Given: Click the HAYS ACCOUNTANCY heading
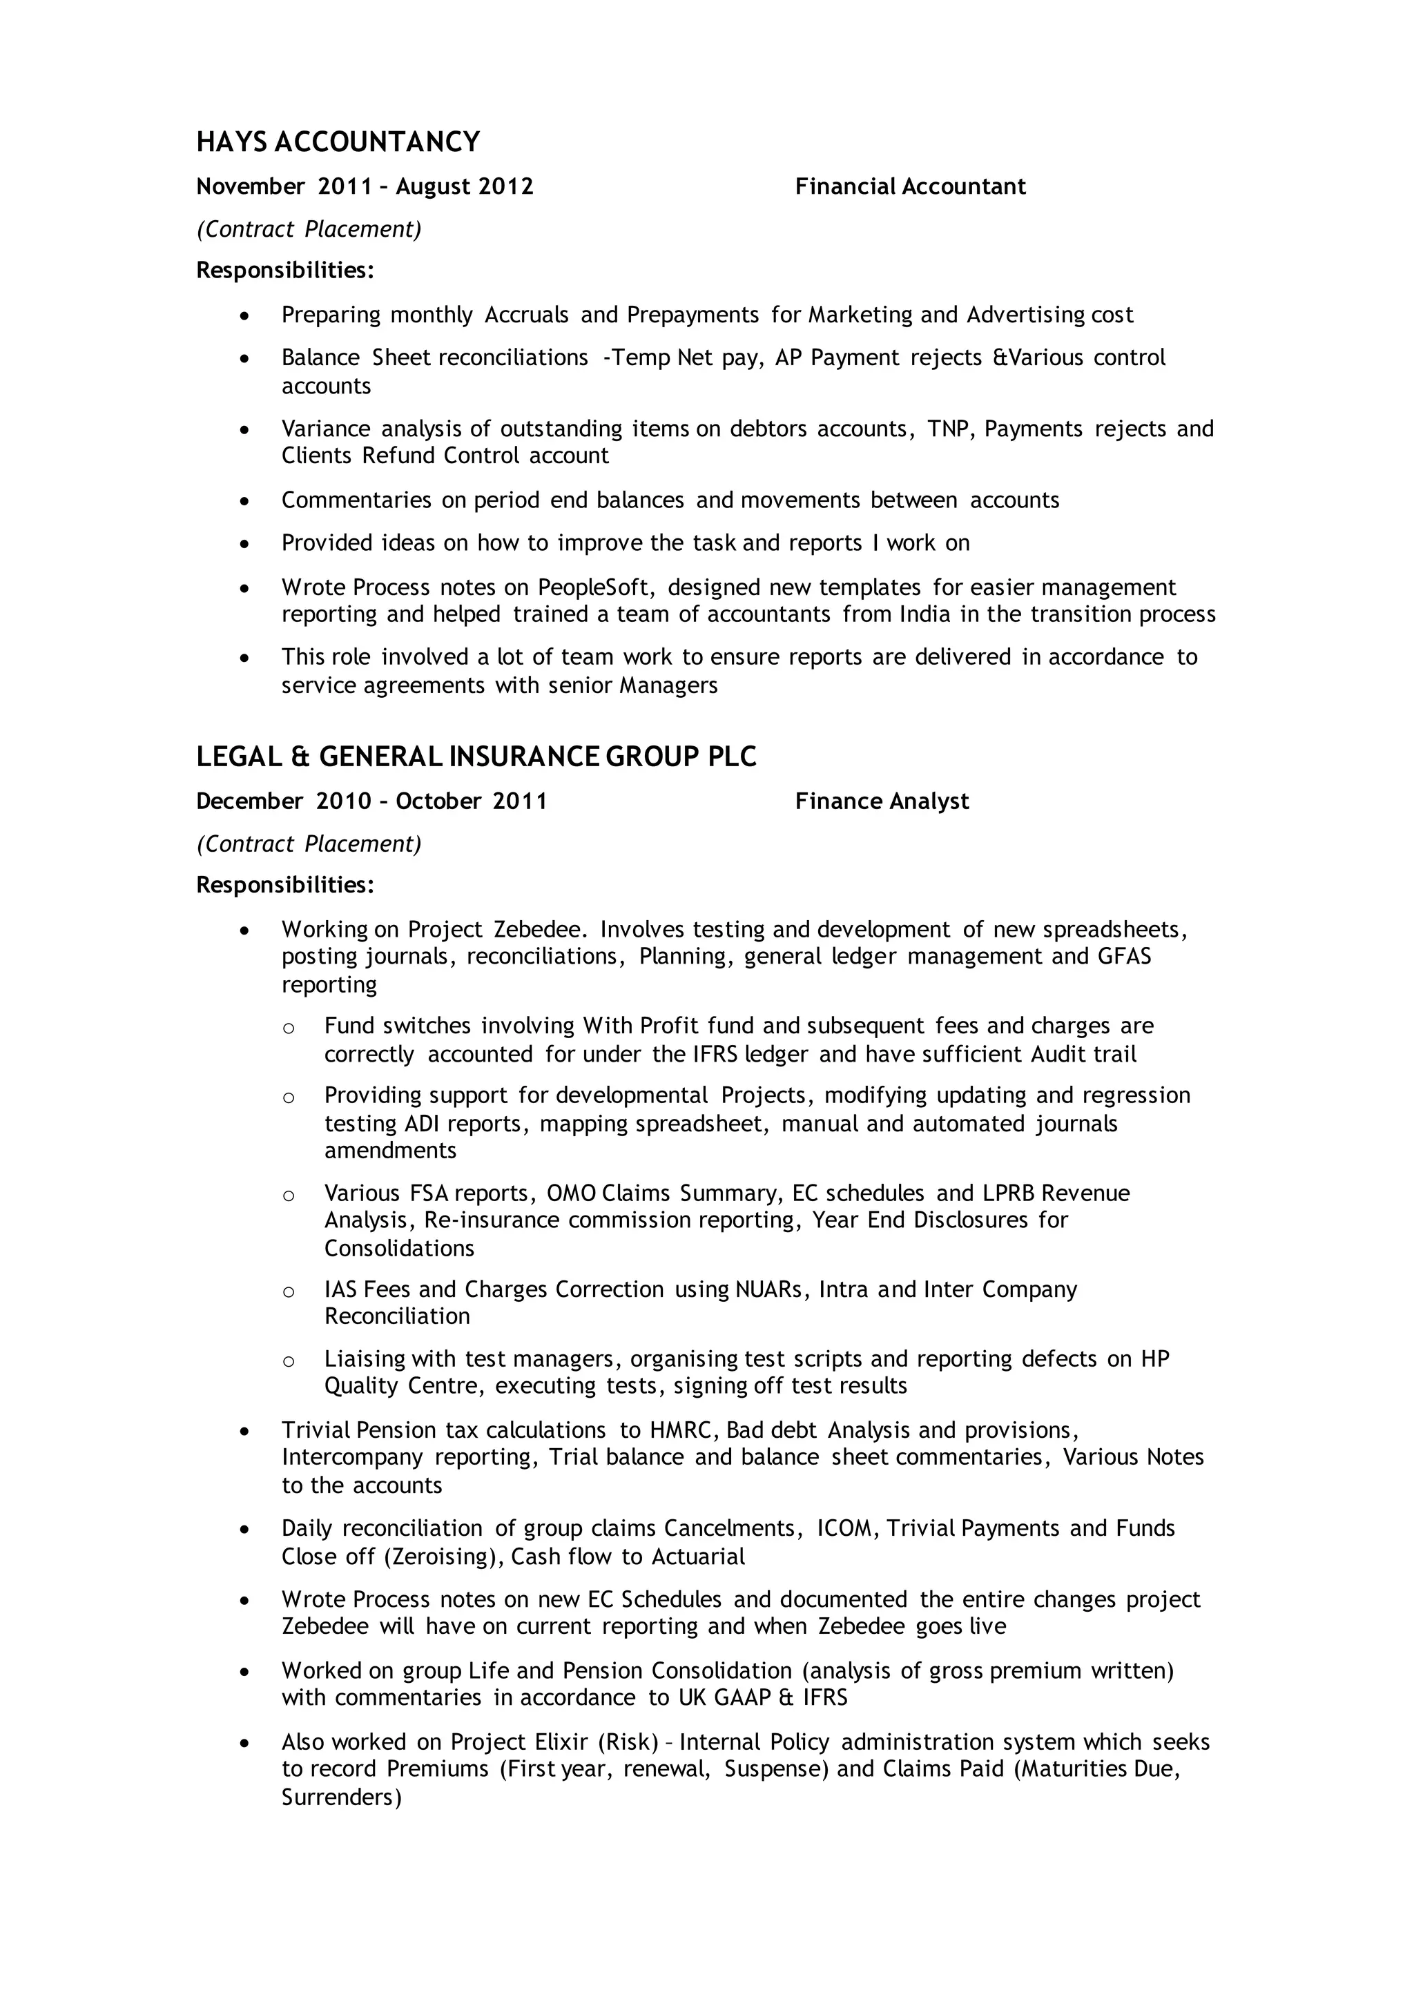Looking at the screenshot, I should coord(338,142).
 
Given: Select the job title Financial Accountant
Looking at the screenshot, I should coord(910,187).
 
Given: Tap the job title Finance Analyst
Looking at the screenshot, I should coord(881,801).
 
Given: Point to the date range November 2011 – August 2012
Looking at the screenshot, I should coord(365,187).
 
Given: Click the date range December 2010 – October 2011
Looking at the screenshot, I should coord(371,801).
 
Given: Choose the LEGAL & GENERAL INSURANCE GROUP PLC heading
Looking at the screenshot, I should coord(476,757).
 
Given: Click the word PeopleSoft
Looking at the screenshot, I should coord(592,587).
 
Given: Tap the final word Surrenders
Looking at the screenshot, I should coord(340,1796).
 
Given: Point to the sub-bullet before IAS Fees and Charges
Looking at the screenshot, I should coord(288,1292).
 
